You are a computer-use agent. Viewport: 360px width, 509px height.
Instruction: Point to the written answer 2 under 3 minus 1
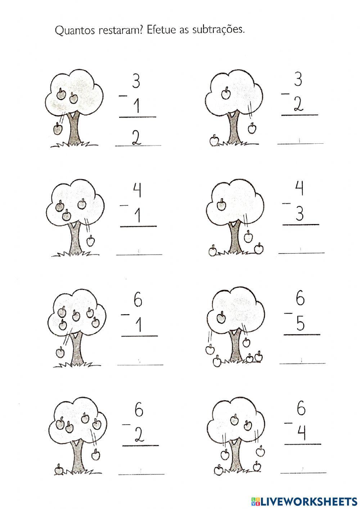pyautogui.click(x=136, y=138)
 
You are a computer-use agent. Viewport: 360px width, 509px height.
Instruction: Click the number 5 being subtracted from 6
pyautogui.click(x=301, y=324)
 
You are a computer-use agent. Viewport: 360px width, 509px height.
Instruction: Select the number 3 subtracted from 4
pyautogui.click(x=300, y=214)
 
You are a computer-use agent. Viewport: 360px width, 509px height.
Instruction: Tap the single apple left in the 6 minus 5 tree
pyautogui.click(x=221, y=318)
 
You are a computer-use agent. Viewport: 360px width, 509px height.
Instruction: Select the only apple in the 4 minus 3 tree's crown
pyautogui.click(x=221, y=205)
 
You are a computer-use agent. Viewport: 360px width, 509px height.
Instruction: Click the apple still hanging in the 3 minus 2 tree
pyautogui.click(x=226, y=94)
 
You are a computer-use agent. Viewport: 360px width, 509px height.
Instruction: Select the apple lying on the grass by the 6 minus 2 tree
pyautogui.click(x=59, y=469)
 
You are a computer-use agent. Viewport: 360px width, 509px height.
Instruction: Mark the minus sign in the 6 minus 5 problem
pyautogui.click(x=288, y=313)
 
